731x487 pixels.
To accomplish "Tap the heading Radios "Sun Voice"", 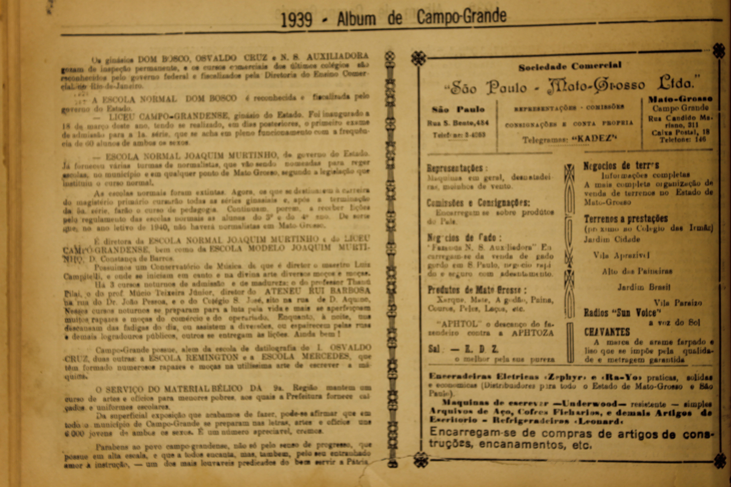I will (x=622, y=312).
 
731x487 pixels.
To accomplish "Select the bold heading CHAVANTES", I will (x=607, y=332).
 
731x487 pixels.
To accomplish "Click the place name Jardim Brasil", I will (x=644, y=287).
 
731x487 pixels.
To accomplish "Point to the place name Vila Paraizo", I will (x=678, y=303).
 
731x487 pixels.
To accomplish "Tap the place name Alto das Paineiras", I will (x=637, y=271).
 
